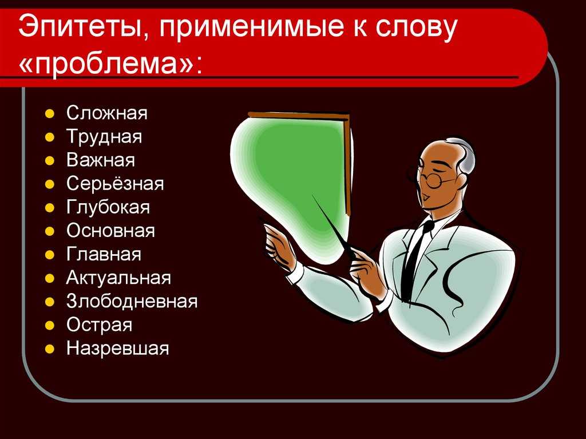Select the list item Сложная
tap(107, 113)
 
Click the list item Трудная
tap(104, 137)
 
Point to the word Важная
tap(101, 160)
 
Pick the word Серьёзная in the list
tap(115, 184)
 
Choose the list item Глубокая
tap(108, 208)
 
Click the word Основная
tap(110, 231)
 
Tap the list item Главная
tap(104, 254)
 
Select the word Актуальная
tap(118, 278)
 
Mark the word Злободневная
tap(132, 302)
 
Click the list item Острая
tap(100, 325)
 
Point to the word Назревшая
tap(118, 349)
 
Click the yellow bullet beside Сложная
tap(50, 114)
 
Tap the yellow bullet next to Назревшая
tap(50, 349)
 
